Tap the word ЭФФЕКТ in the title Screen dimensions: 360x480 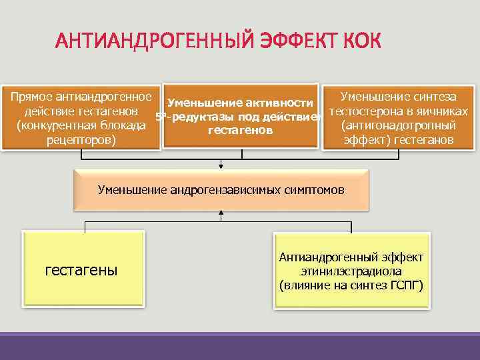(296, 41)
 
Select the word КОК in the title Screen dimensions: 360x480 (363, 41)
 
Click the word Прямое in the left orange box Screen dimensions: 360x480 (33, 96)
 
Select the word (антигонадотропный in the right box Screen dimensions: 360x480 (398, 125)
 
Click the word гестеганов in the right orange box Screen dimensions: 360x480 (424, 140)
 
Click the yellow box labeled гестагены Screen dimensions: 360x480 (83, 269)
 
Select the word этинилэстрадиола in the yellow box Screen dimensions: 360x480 (352, 271)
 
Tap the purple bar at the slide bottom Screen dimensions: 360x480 (240, 346)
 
